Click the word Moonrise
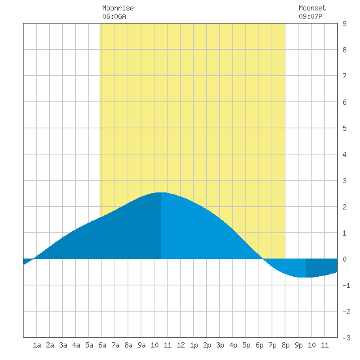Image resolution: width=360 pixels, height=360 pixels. [118, 8]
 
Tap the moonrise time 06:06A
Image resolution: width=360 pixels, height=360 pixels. [114, 16]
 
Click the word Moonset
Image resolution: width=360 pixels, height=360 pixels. [312, 8]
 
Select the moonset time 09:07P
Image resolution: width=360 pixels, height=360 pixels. [310, 16]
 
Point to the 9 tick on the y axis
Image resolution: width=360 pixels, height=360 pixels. [344, 24]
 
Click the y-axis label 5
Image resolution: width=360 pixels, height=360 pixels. [344, 128]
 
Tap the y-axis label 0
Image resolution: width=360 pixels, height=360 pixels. [344, 259]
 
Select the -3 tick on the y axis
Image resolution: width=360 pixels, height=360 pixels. [346, 338]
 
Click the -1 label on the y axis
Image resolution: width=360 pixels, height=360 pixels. [346, 285]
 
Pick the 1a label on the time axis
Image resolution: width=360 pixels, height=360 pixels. [37, 345]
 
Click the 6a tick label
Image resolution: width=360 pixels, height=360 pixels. [102, 345]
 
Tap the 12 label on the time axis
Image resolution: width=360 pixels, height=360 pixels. [181, 345]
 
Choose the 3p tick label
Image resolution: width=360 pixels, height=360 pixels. [220, 345]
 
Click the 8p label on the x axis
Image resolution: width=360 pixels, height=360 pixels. [285, 345]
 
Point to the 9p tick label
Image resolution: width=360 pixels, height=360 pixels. [298, 345]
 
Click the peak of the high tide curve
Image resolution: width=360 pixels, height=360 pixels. [161, 192]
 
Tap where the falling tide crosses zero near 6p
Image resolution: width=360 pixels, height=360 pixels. [263, 259]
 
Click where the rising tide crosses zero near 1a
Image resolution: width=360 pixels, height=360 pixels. [34, 259]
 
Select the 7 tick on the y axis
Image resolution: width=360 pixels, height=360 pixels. [344, 76]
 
